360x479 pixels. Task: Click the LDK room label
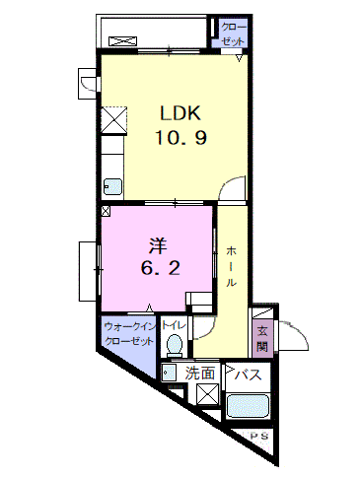click(x=180, y=113)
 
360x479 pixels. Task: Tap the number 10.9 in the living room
click(x=180, y=137)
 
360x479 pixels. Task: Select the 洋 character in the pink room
click(x=158, y=246)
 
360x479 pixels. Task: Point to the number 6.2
click(x=160, y=268)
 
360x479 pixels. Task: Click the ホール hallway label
click(x=231, y=266)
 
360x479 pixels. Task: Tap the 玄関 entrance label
click(x=262, y=339)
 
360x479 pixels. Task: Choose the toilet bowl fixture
click(x=175, y=346)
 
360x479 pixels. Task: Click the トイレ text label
click(x=174, y=325)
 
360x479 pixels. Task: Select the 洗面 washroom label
click(x=199, y=374)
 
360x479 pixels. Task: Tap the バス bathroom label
click(x=248, y=375)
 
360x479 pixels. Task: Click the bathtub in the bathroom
click(x=249, y=406)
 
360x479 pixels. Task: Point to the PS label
click(x=259, y=437)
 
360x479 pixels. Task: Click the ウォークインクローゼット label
click(x=129, y=334)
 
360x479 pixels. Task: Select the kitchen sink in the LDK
click(x=113, y=187)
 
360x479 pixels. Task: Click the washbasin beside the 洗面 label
click(x=170, y=374)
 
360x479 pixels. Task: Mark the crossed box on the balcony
click(x=122, y=41)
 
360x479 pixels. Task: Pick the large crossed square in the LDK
click(x=113, y=120)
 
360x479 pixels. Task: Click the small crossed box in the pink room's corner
click(x=106, y=211)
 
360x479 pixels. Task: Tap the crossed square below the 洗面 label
click(x=208, y=394)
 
